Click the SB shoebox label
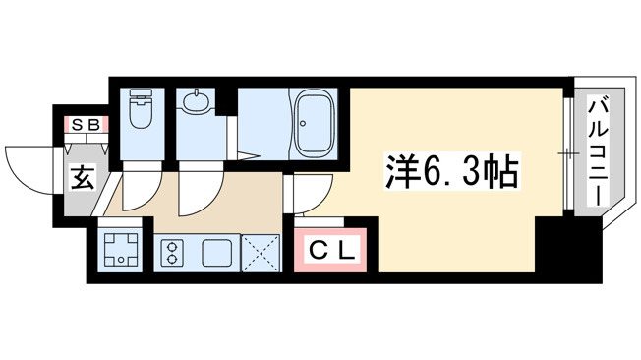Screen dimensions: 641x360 pos(86,125)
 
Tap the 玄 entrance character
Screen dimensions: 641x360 pos(83,177)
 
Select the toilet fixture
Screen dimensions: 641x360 pos(142,108)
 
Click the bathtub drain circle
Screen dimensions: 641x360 pos(303,123)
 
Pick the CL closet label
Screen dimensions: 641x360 pos(331,251)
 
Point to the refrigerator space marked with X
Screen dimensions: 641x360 pos(261,253)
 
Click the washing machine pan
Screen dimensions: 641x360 pos(120,248)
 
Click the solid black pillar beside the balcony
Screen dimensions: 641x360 pos(568,250)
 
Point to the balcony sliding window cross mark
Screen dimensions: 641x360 pos(568,153)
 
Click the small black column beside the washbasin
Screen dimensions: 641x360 pos(223,101)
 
